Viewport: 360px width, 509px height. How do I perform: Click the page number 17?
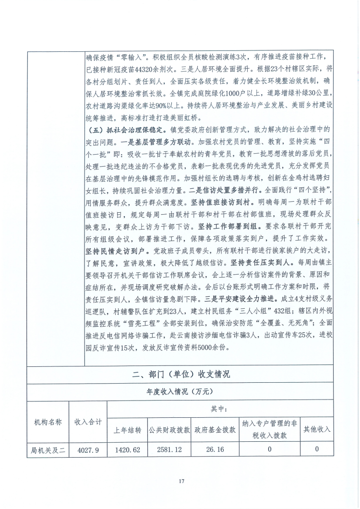click(x=180, y=481)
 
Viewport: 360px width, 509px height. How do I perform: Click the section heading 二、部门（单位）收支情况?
click(x=180, y=375)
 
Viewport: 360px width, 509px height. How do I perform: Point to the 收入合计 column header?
click(x=88, y=422)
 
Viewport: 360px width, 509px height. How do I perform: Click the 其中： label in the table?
click(x=220, y=410)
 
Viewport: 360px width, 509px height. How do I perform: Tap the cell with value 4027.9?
click(x=88, y=449)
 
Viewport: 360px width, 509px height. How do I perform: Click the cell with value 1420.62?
click(x=127, y=449)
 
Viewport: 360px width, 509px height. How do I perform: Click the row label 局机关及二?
click(x=48, y=449)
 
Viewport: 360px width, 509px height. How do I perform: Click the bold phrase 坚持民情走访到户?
click(x=116, y=251)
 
